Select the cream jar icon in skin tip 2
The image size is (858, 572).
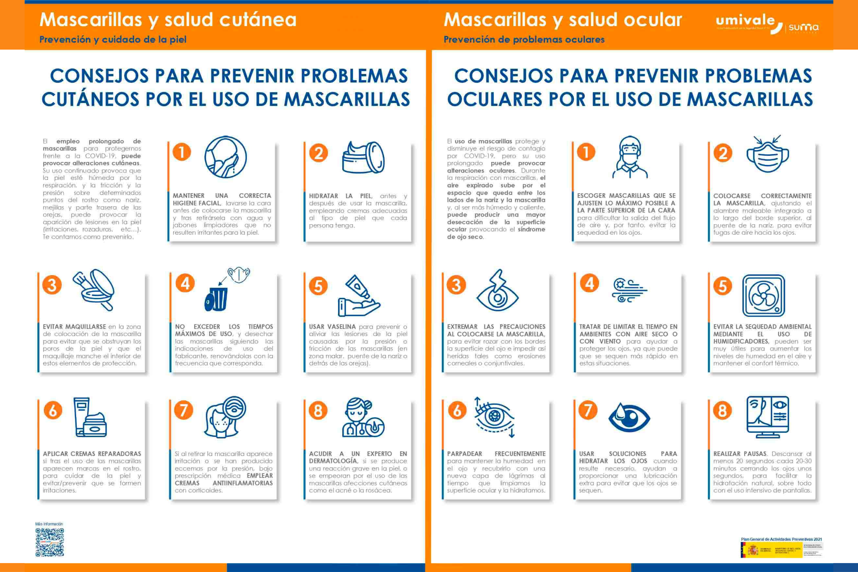363,158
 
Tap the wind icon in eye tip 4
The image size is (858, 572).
629,291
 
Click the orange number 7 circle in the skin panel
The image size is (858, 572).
183,410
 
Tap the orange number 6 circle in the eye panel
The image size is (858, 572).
457,410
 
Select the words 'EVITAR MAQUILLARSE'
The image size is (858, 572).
74,327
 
